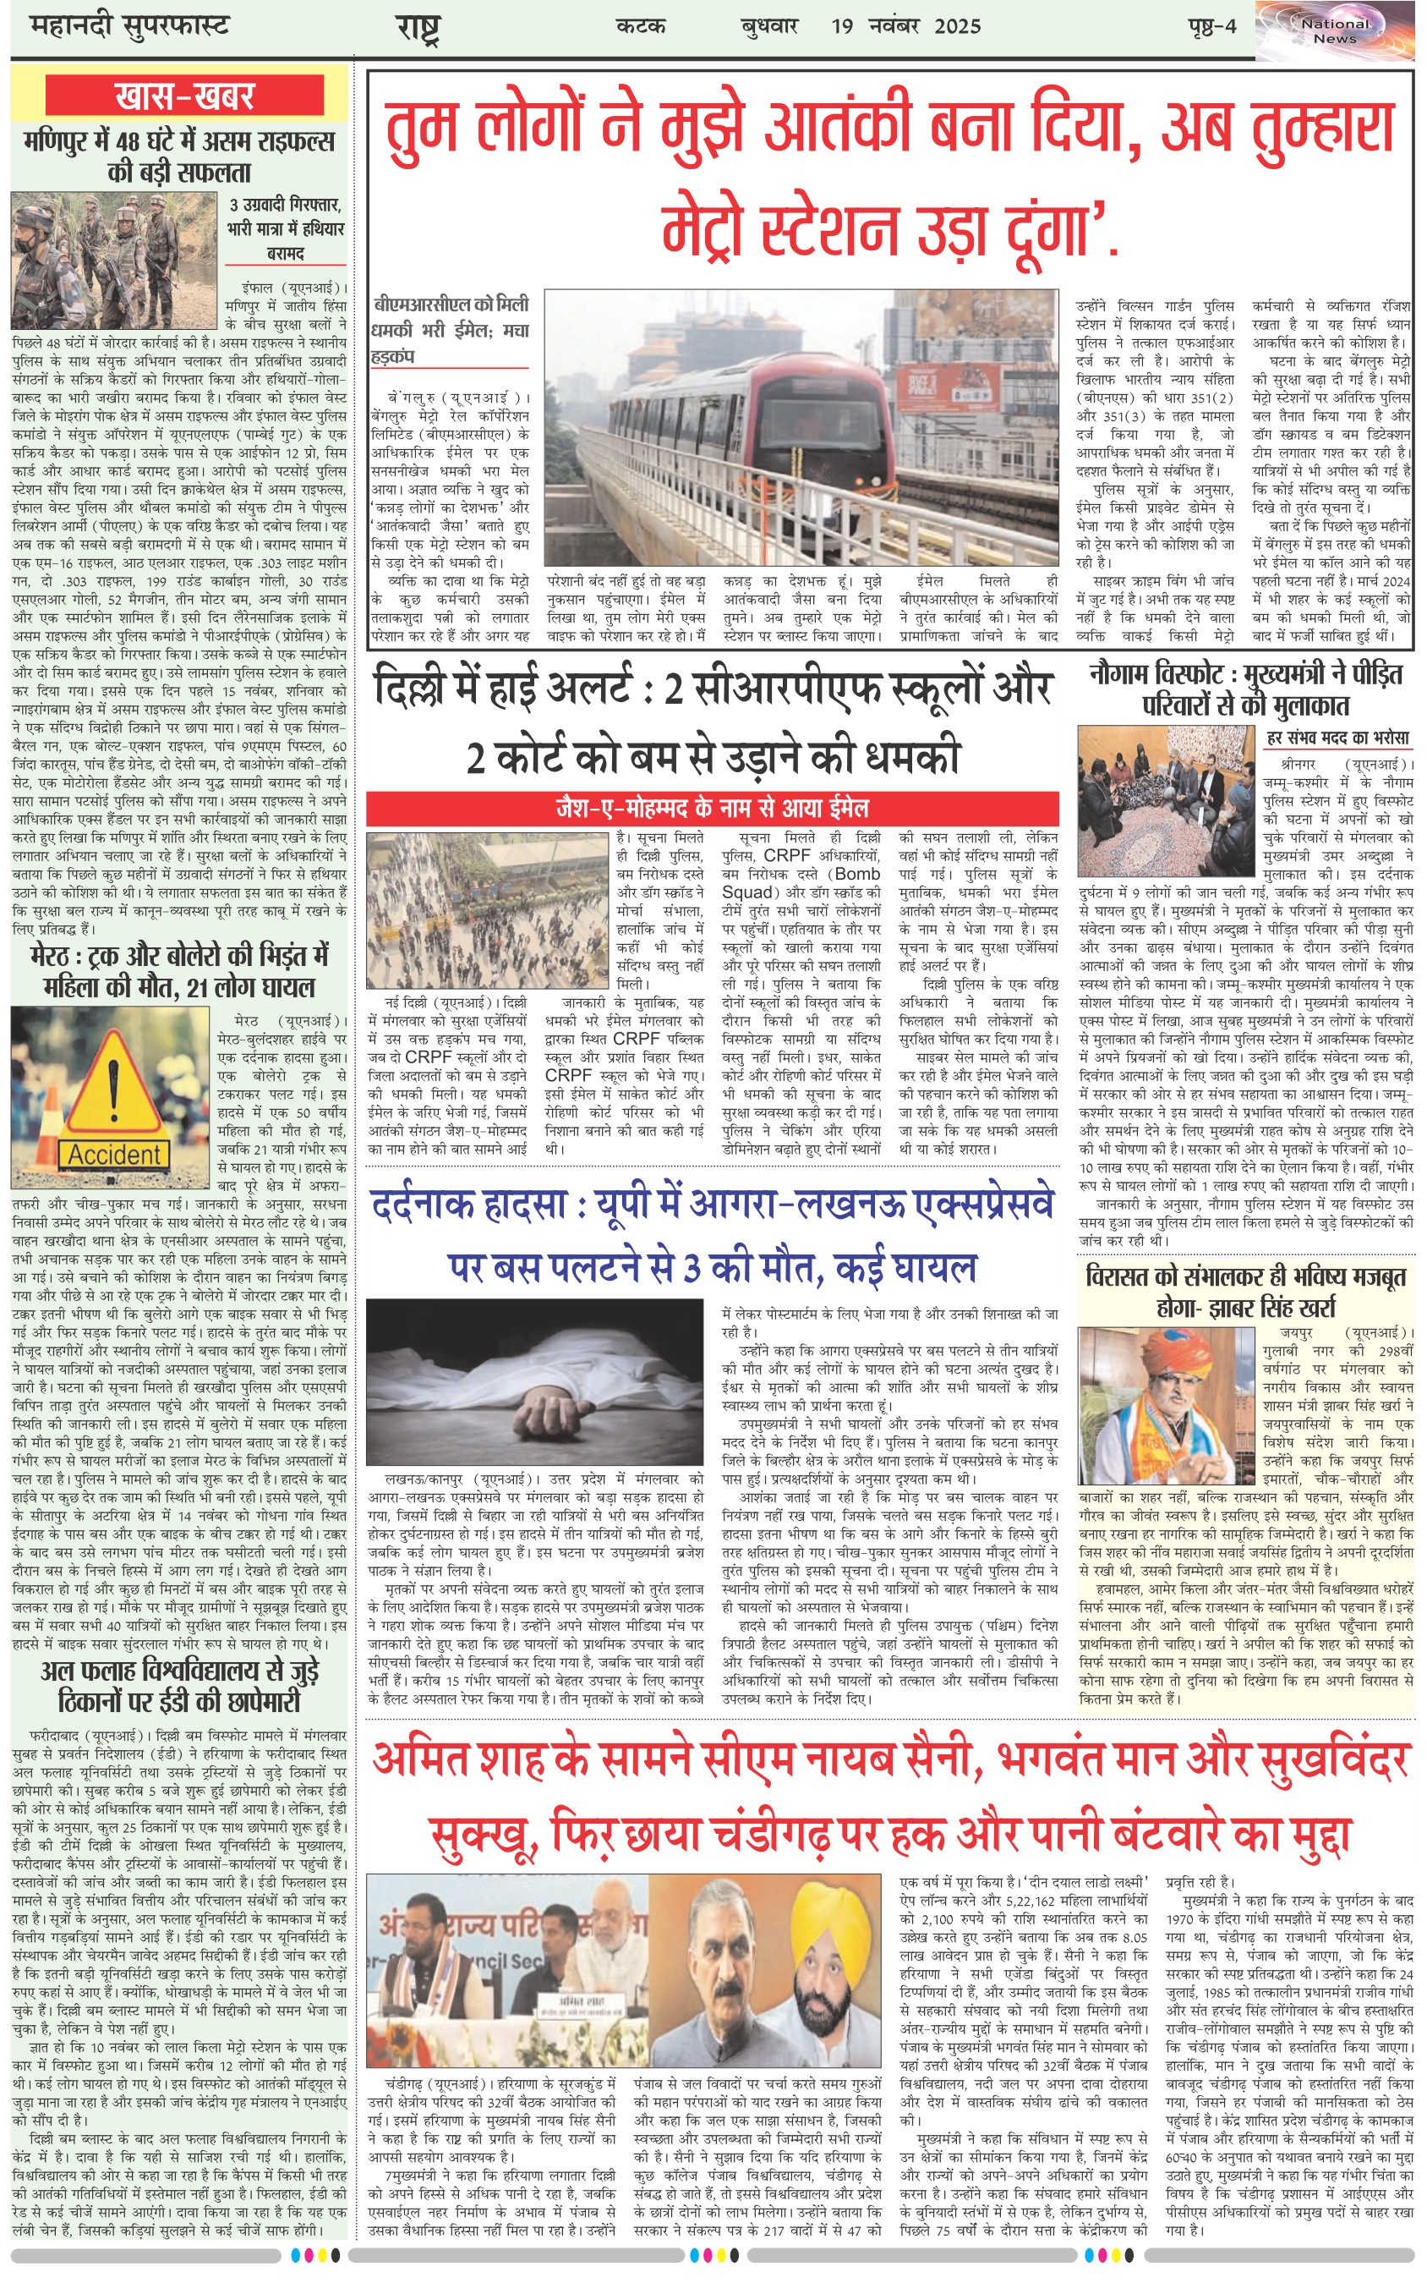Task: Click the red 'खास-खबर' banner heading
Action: pos(184,96)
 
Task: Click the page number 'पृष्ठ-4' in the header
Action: pos(1211,26)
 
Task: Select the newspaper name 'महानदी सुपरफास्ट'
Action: pos(129,26)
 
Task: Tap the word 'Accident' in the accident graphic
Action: pos(113,1154)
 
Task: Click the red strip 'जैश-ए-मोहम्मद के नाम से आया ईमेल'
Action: pos(712,808)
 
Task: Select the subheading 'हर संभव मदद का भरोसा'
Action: pos(1337,738)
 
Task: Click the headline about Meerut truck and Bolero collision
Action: pos(179,970)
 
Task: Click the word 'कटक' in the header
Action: pos(640,26)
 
